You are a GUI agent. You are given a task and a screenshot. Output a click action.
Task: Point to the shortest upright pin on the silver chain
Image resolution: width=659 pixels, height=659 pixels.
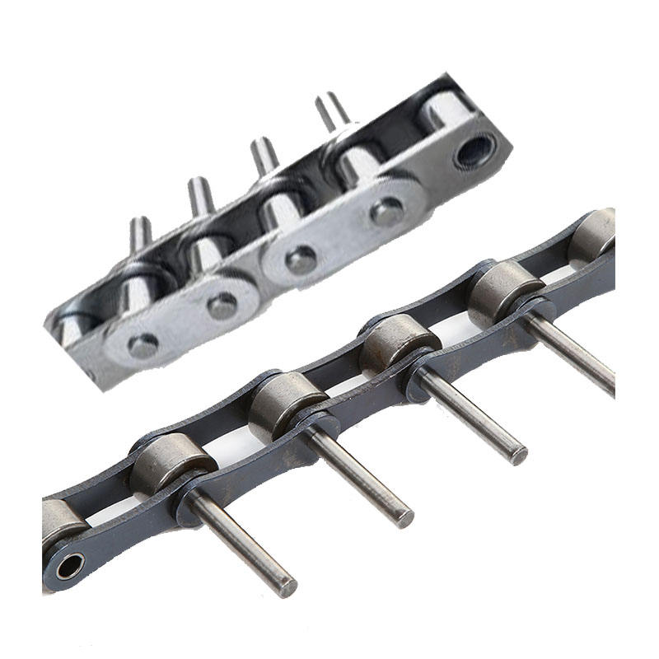[x=141, y=233]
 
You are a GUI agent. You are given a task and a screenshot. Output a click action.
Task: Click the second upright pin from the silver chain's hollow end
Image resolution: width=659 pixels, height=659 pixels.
[x=264, y=156]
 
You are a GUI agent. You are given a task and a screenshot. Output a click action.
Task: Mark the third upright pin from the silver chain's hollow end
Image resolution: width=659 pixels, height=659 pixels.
[x=201, y=196]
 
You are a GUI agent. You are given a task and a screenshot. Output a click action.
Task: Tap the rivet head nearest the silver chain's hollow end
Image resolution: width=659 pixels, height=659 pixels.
[x=387, y=212]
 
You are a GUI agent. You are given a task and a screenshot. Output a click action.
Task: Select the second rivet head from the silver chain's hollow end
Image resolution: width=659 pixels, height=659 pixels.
[x=301, y=259]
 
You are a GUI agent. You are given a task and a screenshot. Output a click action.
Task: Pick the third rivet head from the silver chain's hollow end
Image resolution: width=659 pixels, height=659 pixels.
[x=222, y=305]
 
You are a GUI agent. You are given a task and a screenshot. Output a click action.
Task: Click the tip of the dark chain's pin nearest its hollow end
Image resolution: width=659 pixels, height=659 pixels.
[x=285, y=587]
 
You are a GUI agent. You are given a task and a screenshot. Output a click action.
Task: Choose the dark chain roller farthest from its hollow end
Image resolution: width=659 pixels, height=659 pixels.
[x=591, y=234]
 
